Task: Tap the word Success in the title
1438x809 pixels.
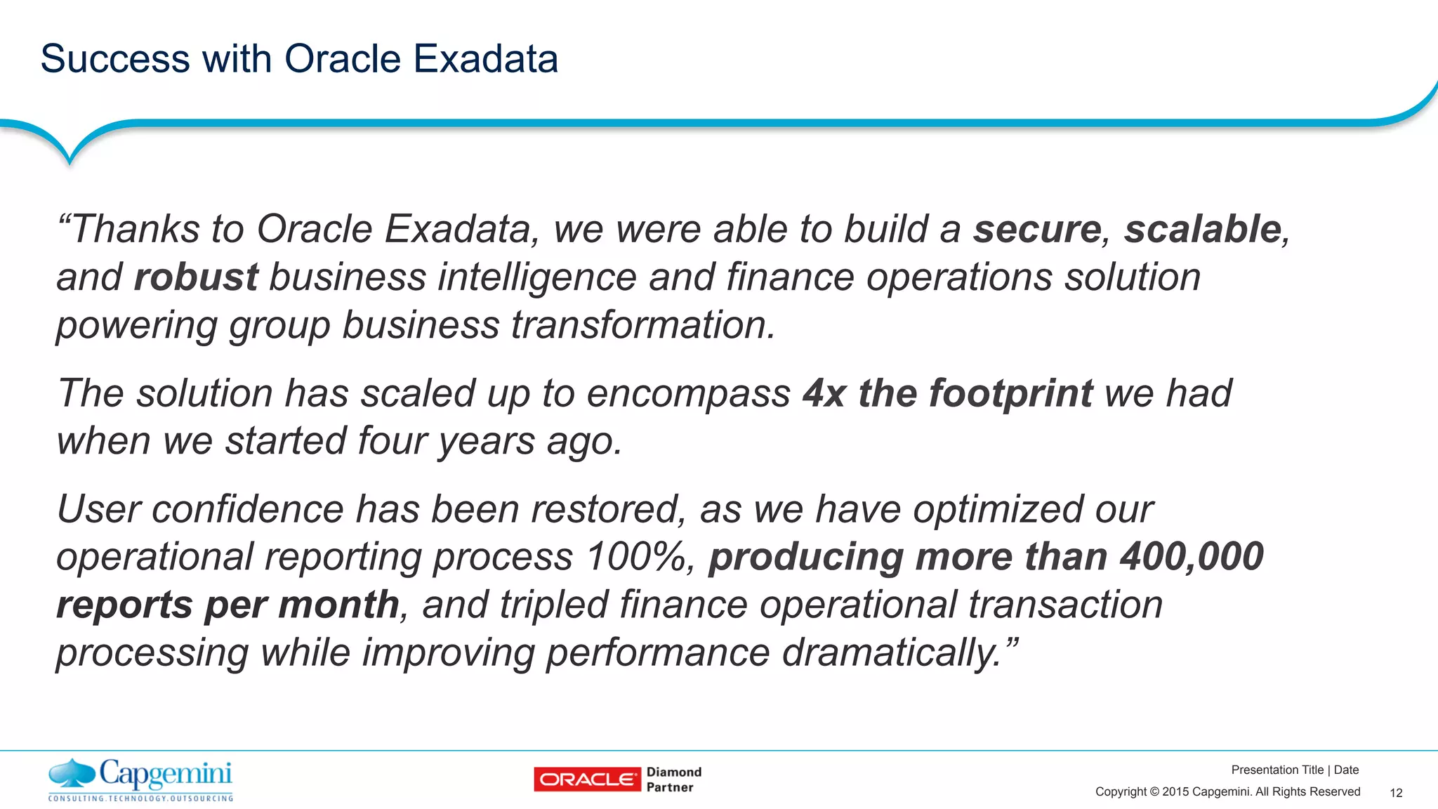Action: click(x=115, y=58)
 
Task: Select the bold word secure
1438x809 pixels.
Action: click(x=1036, y=230)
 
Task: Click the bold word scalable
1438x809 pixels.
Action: click(x=1203, y=229)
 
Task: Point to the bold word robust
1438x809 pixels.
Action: click(x=196, y=277)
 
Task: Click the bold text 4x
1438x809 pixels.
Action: click(x=824, y=393)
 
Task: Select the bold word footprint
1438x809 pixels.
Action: click(x=1010, y=394)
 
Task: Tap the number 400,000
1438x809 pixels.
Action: click(x=1192, y=557)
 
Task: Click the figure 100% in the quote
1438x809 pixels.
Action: click(x=639, y=557)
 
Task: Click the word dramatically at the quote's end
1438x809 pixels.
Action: click(x=891, y=652)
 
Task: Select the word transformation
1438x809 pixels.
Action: click(x=642, y=325)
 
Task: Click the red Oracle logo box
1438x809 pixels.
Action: click(x=587, y=780)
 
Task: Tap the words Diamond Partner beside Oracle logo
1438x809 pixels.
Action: click(x=673, y=780)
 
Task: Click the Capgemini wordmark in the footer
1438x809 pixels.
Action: click(x=166, y=774)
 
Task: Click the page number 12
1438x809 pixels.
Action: click(x=1396, y=793)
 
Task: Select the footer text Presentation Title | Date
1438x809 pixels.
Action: click(x=1295, y=770)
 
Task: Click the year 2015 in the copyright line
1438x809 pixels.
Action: click(x=1175, y=792)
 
